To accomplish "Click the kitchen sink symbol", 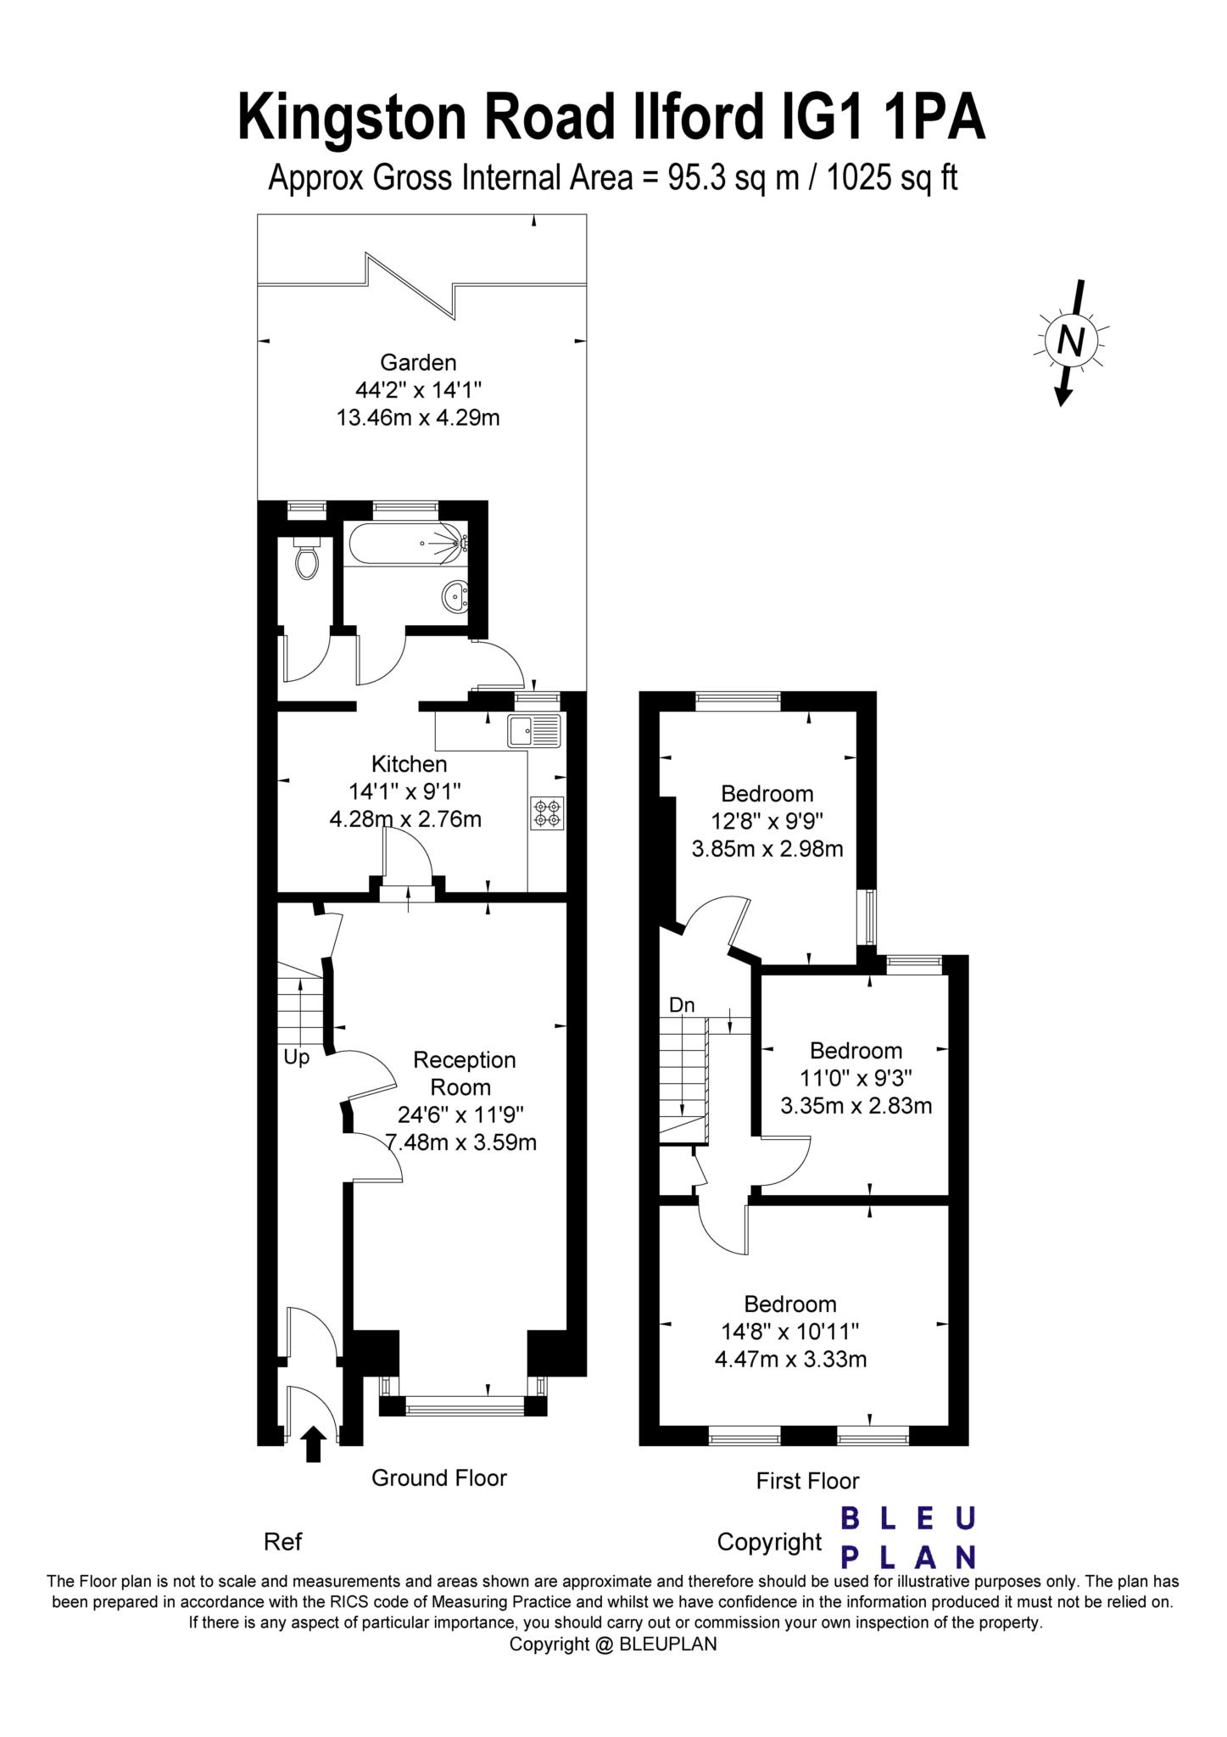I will click(x=534, y=730).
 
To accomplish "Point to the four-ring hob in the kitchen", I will click(x=548, y=813).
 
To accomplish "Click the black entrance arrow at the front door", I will click(x=314, y=1444).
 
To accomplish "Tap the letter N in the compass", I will click(x=1072, y=341).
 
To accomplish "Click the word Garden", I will click(x=418, y=363).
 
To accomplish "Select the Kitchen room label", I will click(x=409, y=764).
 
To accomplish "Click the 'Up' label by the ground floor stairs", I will click(x=296, y=1058).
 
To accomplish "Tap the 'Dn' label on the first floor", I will click(x=682, y=1006).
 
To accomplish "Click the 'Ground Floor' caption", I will click(x=438, y=1478).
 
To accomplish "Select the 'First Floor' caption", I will click(x=807, y=1481).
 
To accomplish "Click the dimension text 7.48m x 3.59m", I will click(x=461, y=1142).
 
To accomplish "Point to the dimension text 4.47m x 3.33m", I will click(x=790, y=1360).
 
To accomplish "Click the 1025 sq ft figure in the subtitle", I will click(x=892, y=178).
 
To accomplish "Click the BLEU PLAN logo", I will click(x=907, y=1538).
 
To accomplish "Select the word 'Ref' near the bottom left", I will click(x=282, y=1542).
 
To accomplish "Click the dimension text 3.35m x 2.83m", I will click(x=856, y=1106).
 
